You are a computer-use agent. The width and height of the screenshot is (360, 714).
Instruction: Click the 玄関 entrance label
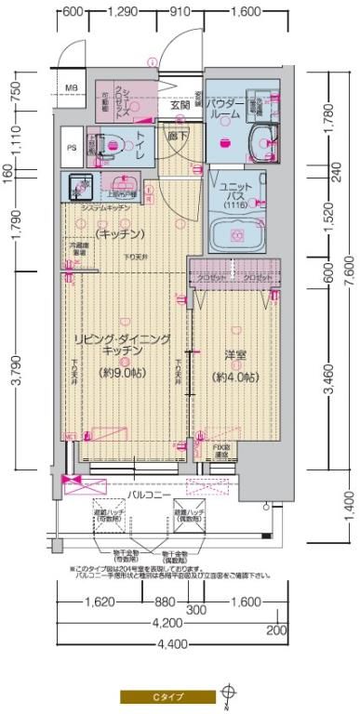(x=180, y=106)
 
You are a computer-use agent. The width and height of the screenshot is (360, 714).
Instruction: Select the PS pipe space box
(x=72, y=147)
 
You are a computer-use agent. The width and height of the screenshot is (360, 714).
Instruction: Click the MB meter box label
(x=72, y=88)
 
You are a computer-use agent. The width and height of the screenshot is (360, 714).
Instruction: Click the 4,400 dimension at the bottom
(x=168, y=643)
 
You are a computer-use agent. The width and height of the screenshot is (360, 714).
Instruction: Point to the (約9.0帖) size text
(x=122, y=373)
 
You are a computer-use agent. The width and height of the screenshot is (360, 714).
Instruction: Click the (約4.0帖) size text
(x=233, y=377)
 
